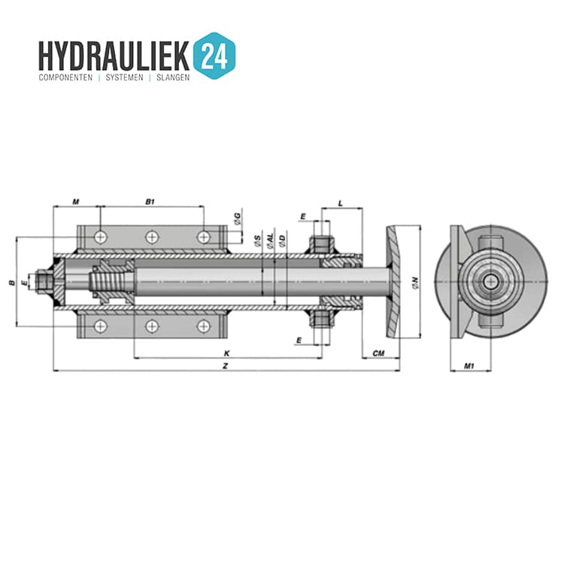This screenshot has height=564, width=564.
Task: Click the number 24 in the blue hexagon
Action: point(214,56)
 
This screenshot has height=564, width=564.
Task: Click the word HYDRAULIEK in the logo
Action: point(114,56)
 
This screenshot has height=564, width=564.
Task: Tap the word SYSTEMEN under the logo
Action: point(124,77)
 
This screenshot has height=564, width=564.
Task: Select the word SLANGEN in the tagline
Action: point(173,77)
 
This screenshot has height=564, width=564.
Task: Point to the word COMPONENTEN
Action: point(65,77)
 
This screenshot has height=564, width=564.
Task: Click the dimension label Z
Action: point(226,366)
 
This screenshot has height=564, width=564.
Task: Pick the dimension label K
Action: point(226,353)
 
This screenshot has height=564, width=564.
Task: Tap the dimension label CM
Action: point(378,353)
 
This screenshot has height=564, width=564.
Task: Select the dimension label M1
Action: point(469,366)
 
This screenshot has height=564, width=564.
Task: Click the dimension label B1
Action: point(150,202)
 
